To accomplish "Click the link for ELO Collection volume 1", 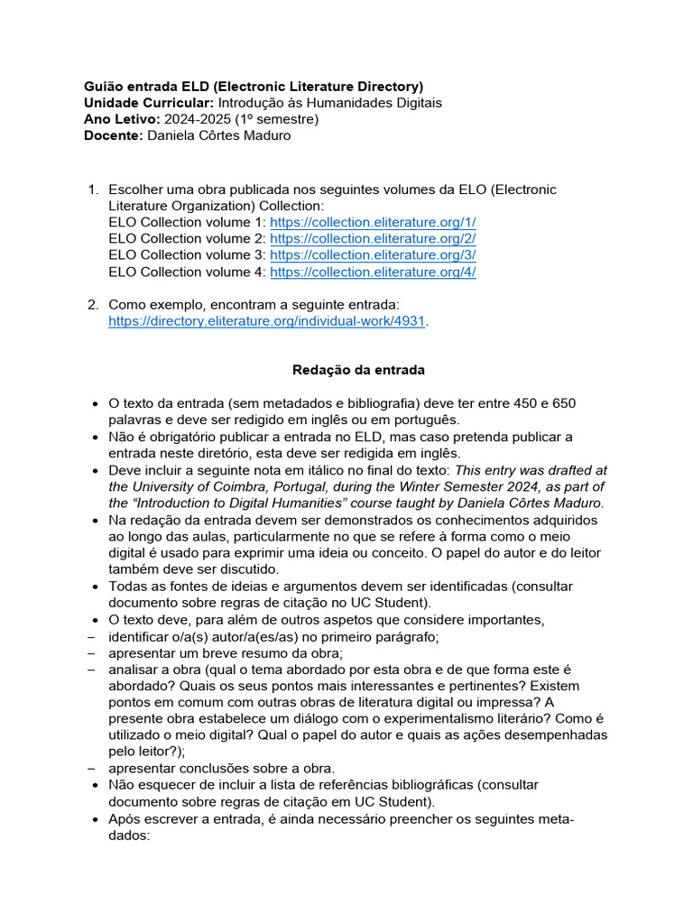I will click(x=373, y=222).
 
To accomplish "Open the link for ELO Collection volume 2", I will click(x=373, y=238).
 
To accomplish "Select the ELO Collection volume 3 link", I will click(x=373, y=254).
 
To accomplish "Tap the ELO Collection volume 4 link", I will click(x=373, y=272).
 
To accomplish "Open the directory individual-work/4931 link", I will click(x=266, y=321).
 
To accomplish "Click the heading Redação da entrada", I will click(x=346, y=370).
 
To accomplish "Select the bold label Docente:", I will click(x=113, y=135).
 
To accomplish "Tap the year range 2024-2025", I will click(x=199, y=119).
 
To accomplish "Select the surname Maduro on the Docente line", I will click(x=263, y=135).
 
